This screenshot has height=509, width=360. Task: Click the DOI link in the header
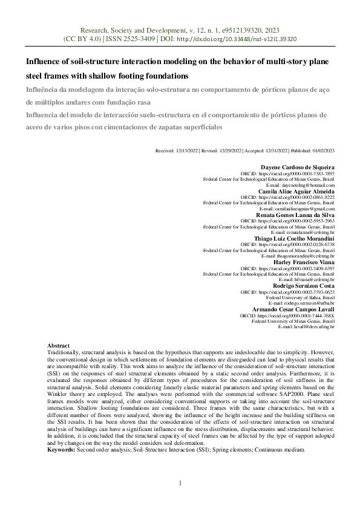244,38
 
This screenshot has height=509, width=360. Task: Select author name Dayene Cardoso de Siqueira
297,167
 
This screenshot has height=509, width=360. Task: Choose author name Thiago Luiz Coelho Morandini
295,238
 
